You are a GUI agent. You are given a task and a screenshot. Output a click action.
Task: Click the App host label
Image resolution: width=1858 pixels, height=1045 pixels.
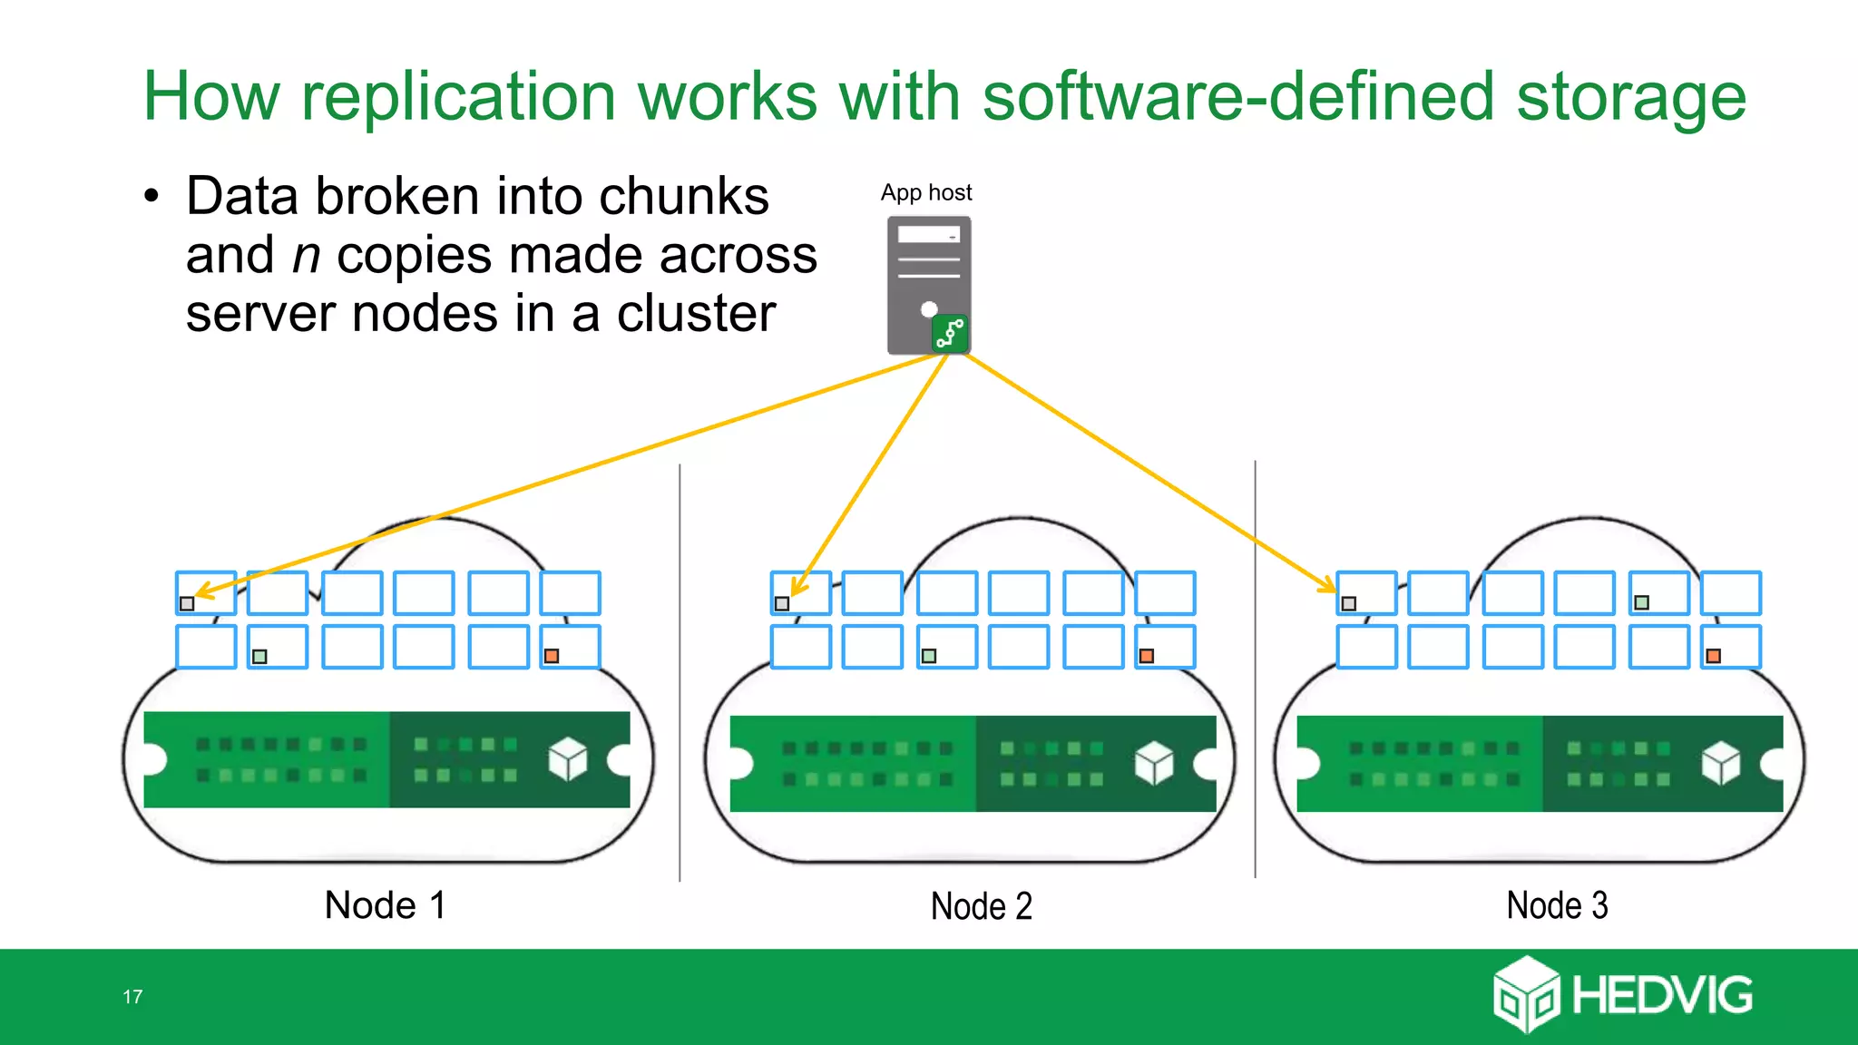925,192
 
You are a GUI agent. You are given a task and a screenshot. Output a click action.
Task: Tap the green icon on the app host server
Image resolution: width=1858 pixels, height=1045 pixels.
950,334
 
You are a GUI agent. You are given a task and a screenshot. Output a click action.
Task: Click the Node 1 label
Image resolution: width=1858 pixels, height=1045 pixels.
386,905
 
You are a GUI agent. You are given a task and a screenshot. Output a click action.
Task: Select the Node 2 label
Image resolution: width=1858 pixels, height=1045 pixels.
982,906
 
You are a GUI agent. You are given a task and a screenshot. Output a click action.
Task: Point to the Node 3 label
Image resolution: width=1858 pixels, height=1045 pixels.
1557,905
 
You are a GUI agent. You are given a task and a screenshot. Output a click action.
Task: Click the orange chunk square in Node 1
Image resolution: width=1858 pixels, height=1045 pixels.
552,656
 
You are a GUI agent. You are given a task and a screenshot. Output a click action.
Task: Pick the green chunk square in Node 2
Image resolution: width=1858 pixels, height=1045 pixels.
929,656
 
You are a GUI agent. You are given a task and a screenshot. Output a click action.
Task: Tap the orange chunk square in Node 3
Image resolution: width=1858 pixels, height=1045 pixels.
1714,656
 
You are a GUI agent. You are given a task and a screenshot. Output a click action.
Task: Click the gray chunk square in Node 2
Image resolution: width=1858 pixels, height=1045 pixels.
782,603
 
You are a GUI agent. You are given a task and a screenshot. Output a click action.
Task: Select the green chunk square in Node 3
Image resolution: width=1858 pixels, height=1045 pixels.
1641,602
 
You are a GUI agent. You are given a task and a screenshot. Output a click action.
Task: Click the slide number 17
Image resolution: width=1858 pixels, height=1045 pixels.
132,997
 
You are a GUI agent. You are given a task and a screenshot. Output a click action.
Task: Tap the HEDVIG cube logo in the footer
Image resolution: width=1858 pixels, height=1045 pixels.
1526,994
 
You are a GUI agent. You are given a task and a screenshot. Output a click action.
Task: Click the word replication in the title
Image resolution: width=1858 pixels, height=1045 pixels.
458,96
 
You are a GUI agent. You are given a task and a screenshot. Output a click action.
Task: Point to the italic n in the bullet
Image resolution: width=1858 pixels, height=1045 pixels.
307,256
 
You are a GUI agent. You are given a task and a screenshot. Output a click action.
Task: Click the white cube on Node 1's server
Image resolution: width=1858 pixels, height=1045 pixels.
568,759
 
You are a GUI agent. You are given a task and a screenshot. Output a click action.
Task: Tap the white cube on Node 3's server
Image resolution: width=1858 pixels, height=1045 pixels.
1721,763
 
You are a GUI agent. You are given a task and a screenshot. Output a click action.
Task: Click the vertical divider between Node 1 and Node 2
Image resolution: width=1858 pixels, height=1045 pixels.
680,671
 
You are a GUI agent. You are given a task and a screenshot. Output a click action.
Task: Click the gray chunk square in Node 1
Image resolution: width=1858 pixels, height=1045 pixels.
187,603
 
